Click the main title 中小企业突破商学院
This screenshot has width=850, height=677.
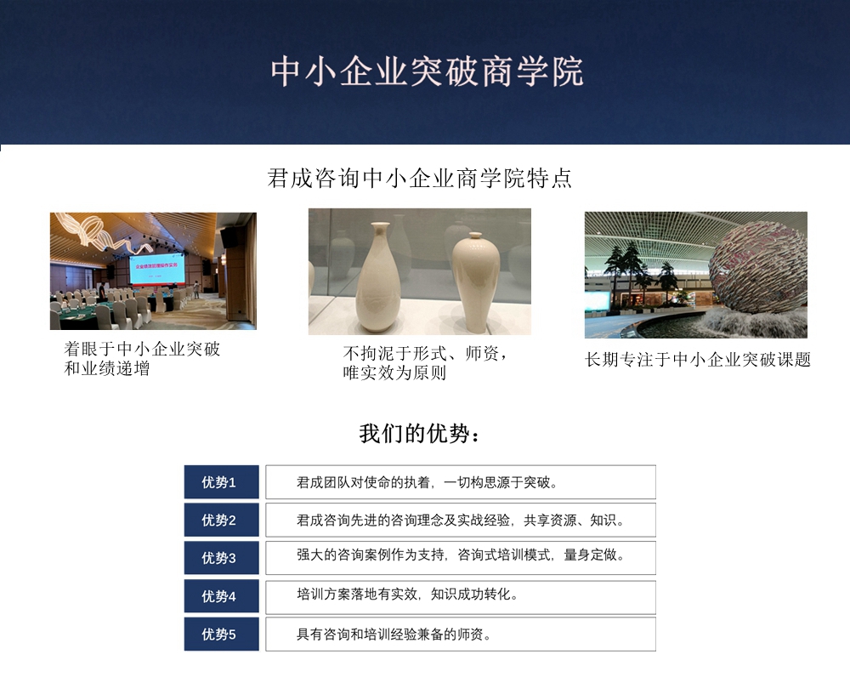(x=428, y=72)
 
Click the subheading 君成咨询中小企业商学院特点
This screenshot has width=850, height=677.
(x=420, y=179)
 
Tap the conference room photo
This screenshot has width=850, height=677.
(x=153, y=270)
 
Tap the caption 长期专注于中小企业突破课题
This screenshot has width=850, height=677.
(x=698, y=360)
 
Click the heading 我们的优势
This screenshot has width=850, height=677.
(x=420, y=434)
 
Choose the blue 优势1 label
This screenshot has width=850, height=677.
(x=221, y=482)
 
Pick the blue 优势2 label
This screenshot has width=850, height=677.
(x=221, y=521)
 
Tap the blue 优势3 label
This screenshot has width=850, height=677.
(x=221, y=558)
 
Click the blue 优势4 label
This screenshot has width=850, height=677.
(x=221, y=596)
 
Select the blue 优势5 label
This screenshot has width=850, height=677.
(x=221, y=634)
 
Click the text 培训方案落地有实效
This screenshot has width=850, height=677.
(x=358, y=595)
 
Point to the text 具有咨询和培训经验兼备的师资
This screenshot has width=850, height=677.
(x=394, y=634)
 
